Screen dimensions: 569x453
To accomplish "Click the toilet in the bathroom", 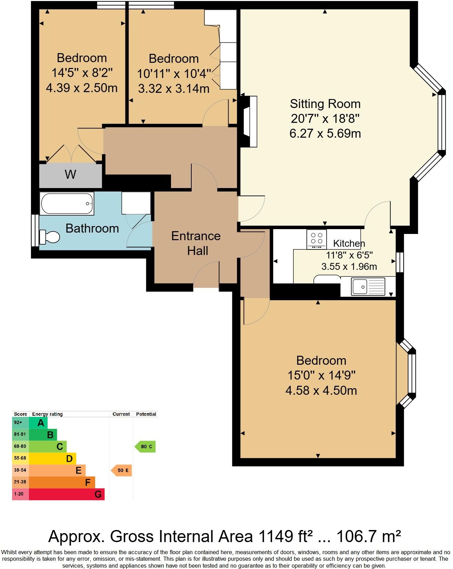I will click(x=50, y=237).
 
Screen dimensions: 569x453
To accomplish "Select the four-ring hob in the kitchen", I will click(x=316, y=239).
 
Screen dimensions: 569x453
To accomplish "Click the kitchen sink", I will click(x=368, y=286).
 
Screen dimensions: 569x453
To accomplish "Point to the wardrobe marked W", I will click(x=70, y=175).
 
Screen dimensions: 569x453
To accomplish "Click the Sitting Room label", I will click(x=325, y=104).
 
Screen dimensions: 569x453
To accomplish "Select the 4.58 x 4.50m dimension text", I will click(x=321, y=391).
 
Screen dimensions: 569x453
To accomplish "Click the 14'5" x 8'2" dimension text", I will click(x=82, y=73).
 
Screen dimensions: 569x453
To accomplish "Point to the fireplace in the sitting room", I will click(x=251, y=121).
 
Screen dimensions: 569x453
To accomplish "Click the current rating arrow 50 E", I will click(x=121, y=470).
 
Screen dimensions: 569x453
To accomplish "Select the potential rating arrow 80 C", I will click(x=145, y=447).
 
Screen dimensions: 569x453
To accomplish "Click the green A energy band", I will click(x=38, y=423).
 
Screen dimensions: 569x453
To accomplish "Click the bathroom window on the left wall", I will click(x=35, y=230).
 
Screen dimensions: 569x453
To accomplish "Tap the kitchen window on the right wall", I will click(x=400, y=262).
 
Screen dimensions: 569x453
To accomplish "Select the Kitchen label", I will click(x=349, y=243).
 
